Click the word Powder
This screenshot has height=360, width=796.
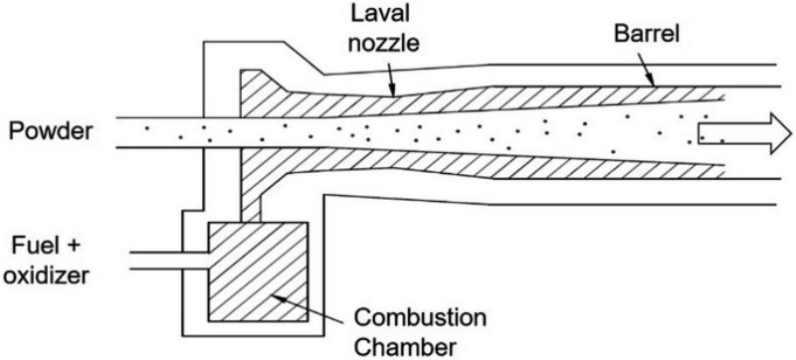(51, 132)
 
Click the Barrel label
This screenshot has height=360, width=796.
(647, 35)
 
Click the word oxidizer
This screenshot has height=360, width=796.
(49, 275)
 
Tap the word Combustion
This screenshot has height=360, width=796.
(420, 319)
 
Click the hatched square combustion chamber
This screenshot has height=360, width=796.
(258, 272)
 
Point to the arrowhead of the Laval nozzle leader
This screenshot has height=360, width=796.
(393, 90)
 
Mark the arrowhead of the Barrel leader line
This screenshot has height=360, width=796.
(653, 82)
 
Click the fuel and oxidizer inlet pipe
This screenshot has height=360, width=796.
(169, 261)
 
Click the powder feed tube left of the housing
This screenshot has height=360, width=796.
(159, 133)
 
